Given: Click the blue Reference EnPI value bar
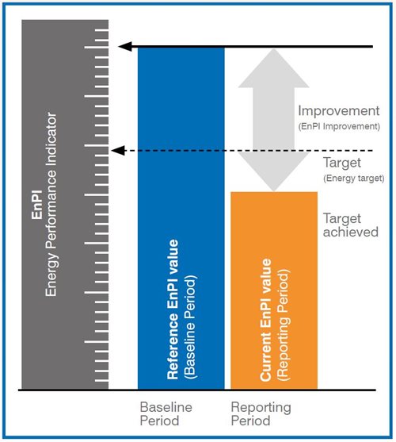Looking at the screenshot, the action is (x=181, y=218).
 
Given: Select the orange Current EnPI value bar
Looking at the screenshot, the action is (x=274, y=290).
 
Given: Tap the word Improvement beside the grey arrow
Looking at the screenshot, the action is (x=339, y=111).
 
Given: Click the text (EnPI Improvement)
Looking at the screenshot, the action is (x=339, y=126).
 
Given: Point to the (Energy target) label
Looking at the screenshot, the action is (x=354, y=179).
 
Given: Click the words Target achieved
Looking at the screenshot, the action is (x=350, y=225).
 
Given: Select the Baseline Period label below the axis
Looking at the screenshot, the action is (x=166, y=413).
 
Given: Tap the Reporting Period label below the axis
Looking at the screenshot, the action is (x=261, y=413).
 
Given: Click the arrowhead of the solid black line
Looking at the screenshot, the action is (x=125, y=47).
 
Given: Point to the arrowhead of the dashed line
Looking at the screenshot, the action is (x=118, y=151).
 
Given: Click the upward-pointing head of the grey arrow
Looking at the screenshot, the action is (x=274, y=68).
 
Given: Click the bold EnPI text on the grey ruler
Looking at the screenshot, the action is (x=37, y=205).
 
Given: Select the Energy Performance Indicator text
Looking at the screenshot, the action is (x=51, y=205).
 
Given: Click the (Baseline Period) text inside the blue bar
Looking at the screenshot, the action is (x=190, y=326).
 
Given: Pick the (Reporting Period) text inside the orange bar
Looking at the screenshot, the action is (x=283, y=325).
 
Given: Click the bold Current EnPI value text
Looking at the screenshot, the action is (x=266, y=321).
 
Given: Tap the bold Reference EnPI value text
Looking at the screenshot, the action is (x=173, y=309).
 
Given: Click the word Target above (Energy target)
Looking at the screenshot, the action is (x=342, y=163).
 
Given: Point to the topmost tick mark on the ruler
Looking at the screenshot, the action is (x=102, y=29).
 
